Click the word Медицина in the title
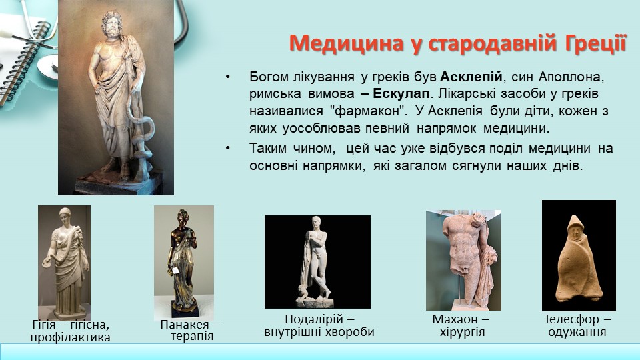coord(347,44)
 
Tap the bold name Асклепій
coord(471,77)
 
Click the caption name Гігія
coord(44,325)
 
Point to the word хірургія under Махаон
coord(463,332)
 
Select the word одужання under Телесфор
coord(577,332)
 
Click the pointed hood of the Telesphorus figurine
coord(575,224)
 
